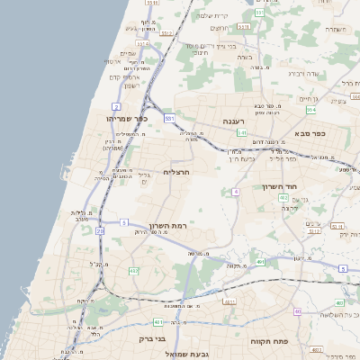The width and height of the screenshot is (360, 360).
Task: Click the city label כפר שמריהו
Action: pos(125,118)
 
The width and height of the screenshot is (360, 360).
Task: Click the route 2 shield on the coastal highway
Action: pos(116,106)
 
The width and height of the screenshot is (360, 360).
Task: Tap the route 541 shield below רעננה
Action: pos(242,132)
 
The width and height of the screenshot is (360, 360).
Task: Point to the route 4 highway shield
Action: pos(236,192)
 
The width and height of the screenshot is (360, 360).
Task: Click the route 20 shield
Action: pos(100,231)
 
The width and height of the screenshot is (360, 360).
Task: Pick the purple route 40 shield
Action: pos(297,311)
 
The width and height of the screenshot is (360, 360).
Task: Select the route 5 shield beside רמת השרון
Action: pos(123,221)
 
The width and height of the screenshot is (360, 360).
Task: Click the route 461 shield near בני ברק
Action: pos(158,321)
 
